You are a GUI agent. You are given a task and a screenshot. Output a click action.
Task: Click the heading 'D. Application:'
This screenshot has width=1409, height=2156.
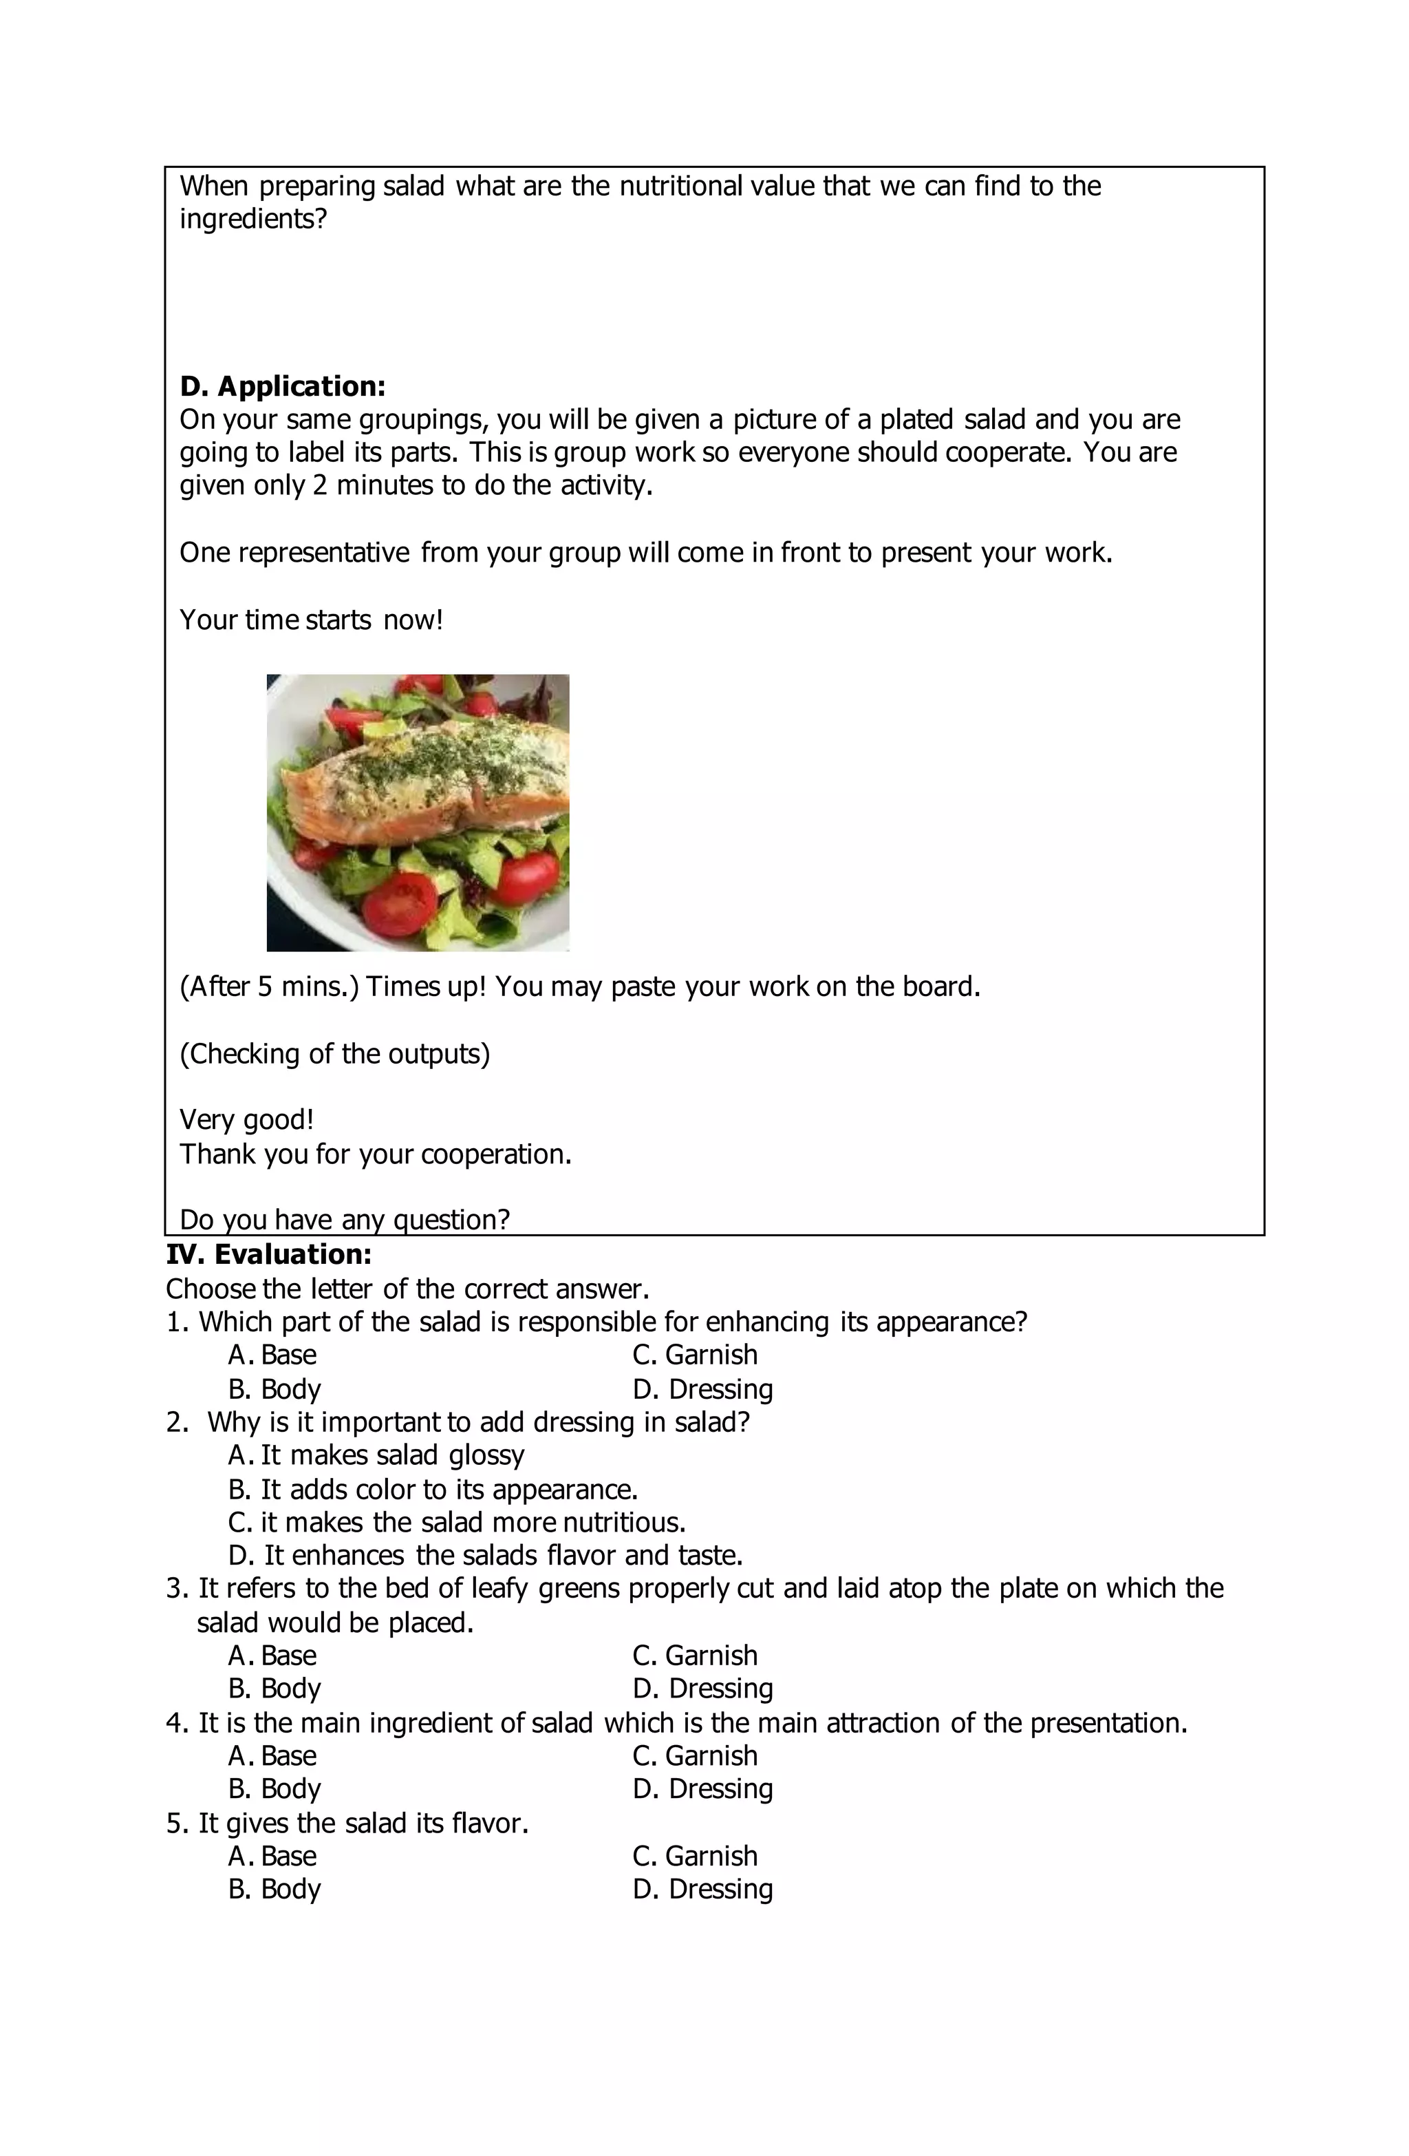pyautogui.click(x=283, y=386)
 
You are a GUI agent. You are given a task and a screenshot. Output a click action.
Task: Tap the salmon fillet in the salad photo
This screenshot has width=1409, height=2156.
pyautogui.click(x=426, y=779)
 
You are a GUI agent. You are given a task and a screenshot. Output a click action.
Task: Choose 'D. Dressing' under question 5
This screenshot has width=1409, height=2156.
pyautogui.click(x=702, y=1889)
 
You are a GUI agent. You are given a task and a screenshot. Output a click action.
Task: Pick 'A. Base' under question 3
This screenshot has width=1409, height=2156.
pyautogui.click(x=272, y=1655)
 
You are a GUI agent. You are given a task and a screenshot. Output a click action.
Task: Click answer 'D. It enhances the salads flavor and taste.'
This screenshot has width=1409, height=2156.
pyautogui.click(x=485, y=1556)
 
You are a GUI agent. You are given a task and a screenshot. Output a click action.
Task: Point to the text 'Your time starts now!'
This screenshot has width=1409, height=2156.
pyautogui.click(x=310, y=620)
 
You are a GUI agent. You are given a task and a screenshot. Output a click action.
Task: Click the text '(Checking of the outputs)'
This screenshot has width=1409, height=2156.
pyautogui.click(x=334, y=1053)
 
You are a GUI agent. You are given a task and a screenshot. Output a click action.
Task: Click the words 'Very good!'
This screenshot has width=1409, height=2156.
pyautogui.click(x=246, y=1120)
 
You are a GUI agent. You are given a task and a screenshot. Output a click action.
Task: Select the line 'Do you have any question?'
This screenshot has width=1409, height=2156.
pyautogui.click(x=344, y=1219)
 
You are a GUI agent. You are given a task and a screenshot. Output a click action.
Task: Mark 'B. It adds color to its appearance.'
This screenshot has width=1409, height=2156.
pyautogui.click(x=433, y=1489)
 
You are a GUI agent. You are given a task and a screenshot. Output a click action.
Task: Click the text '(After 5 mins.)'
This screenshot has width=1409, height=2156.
pyautogui.click(x=269, y=986)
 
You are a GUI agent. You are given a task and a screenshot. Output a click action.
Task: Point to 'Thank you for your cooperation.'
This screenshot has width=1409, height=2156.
pyautogui.click(x=375, y=1154)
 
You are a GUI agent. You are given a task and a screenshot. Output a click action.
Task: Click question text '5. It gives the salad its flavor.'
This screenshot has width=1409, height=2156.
pyautogui.click(x=347, y=1823)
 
